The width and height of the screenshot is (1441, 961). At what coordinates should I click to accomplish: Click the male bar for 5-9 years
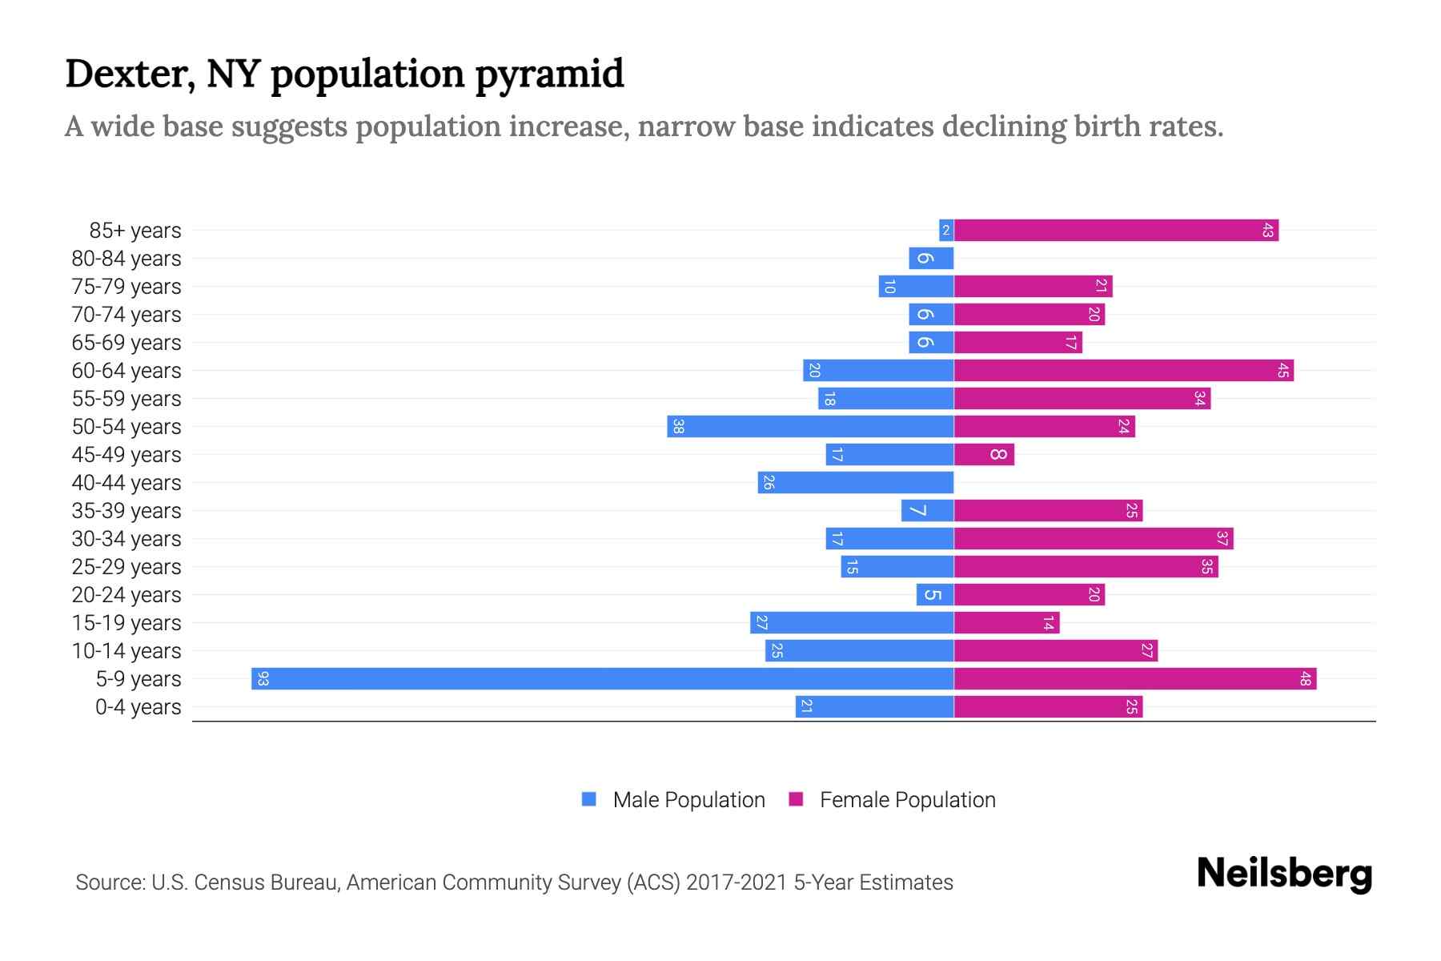602,678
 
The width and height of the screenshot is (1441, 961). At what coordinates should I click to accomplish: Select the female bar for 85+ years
1116,231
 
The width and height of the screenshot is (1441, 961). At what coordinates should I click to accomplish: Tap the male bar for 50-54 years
810,427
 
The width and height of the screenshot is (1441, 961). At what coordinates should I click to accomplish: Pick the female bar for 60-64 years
1123,371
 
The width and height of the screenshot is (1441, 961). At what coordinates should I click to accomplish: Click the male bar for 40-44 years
856,483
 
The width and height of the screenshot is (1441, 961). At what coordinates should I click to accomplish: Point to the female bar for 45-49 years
984,455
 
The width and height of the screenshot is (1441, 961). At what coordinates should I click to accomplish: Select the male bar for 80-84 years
931,259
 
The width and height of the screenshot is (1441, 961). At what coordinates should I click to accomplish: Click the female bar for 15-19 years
1006,623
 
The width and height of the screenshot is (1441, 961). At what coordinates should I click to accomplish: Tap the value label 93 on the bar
263,679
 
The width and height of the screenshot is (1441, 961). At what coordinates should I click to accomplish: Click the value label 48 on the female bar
1305,679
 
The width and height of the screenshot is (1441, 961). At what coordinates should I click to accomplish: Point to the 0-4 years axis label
138,707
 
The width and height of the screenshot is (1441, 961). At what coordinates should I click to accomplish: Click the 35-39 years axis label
126,511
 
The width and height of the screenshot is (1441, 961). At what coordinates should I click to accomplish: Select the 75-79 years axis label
126,287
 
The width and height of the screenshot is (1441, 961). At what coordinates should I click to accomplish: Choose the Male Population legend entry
688,800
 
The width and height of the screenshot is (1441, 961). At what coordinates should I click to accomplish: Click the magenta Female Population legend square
796,799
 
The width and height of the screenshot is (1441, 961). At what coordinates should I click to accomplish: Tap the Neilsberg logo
1284,874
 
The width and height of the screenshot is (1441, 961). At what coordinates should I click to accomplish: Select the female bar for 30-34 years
1094,539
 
